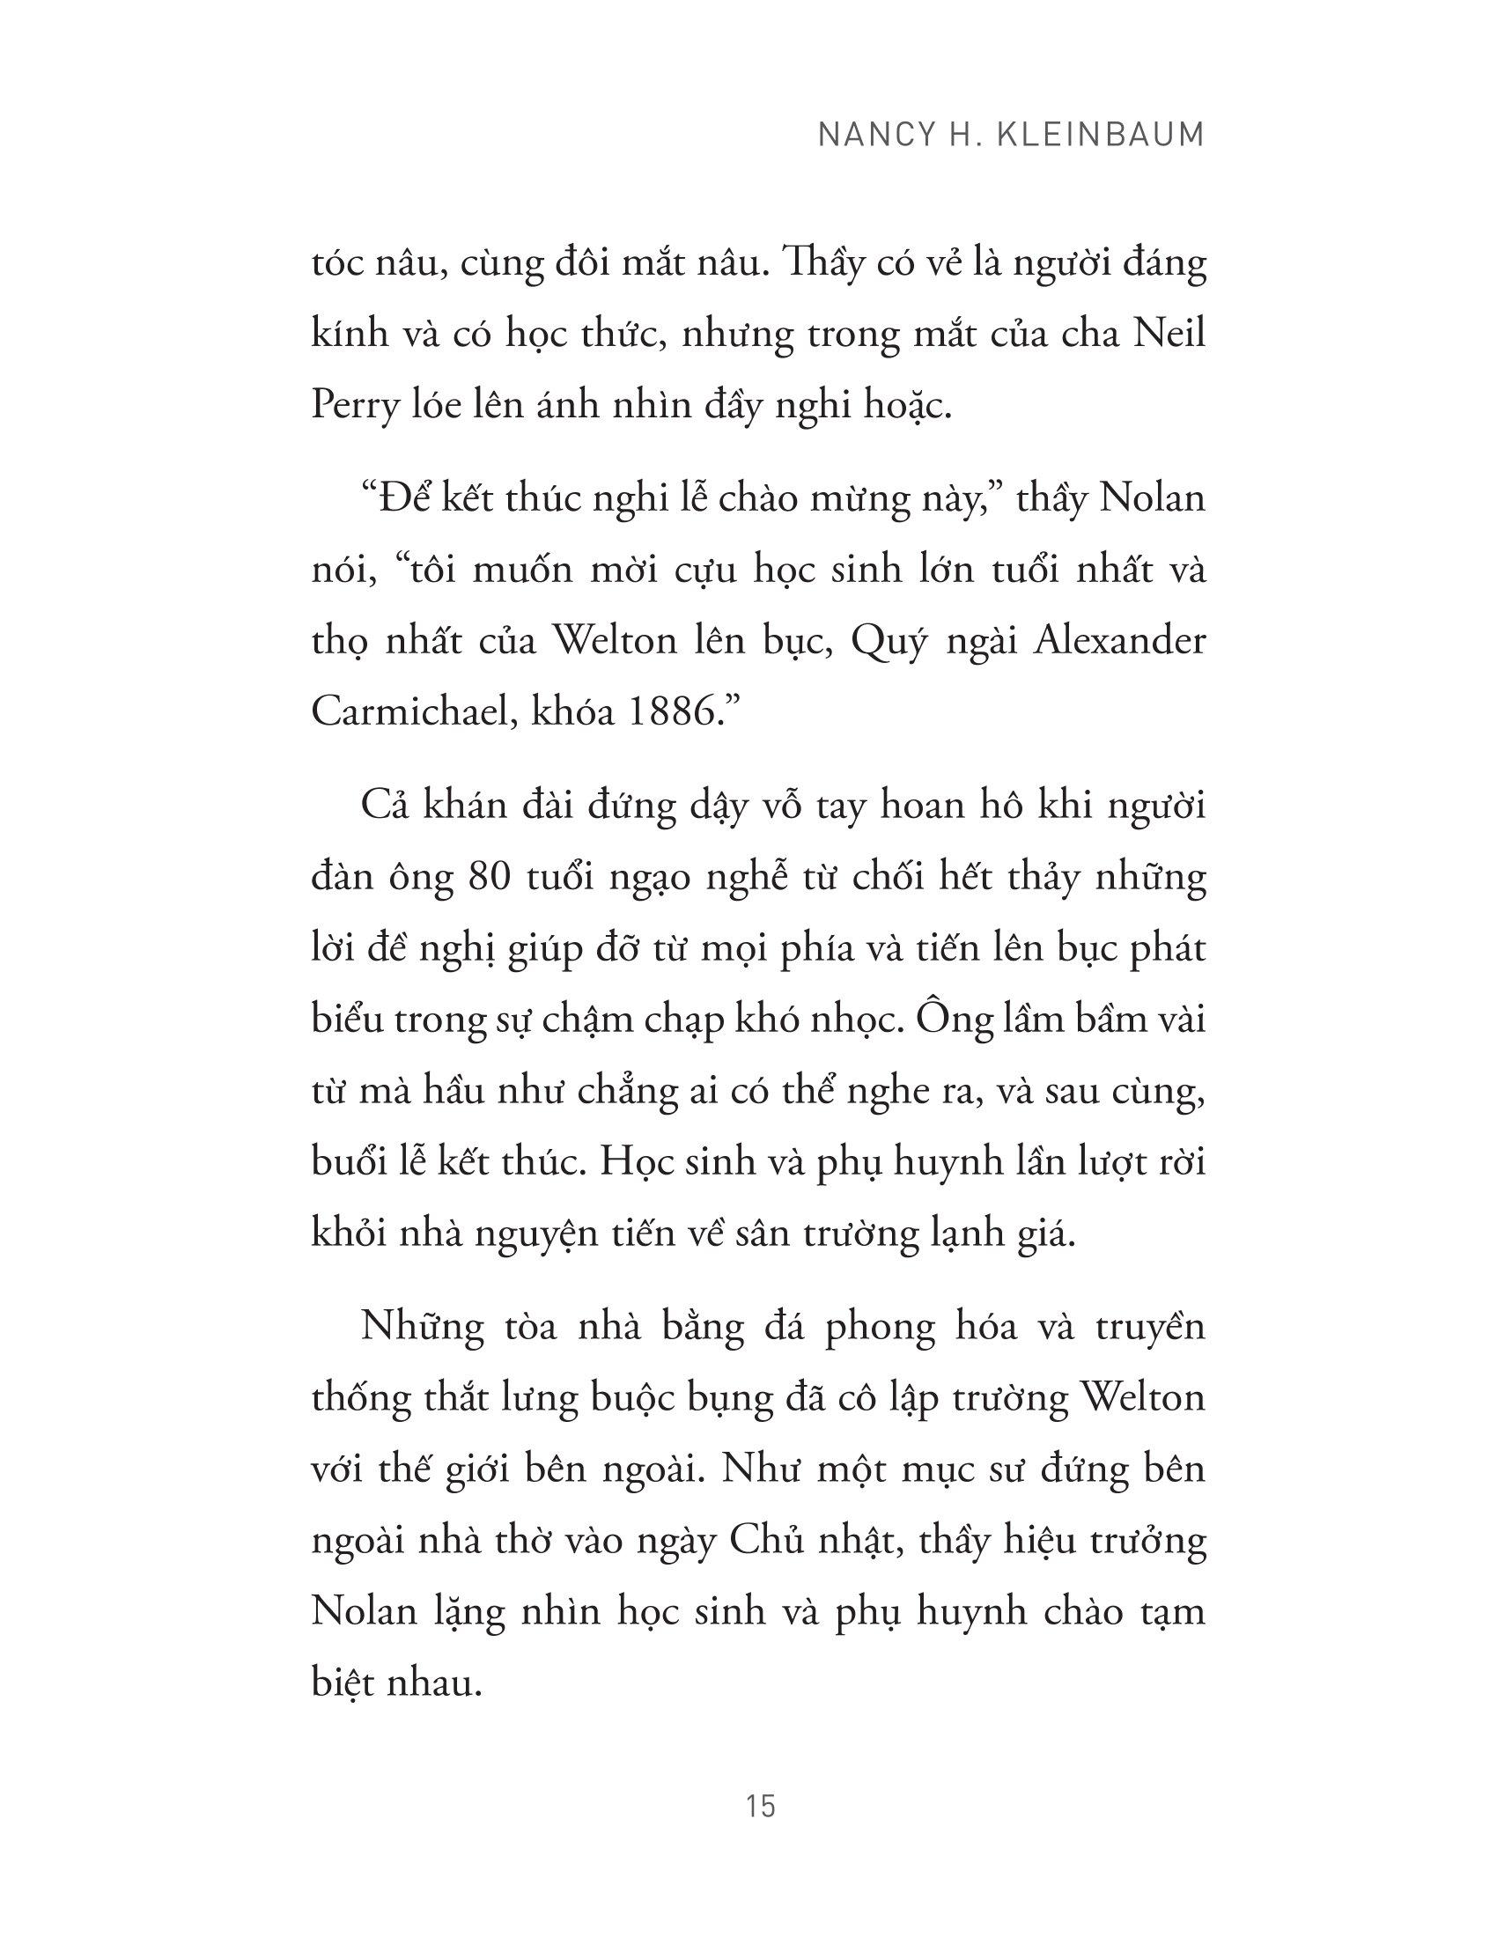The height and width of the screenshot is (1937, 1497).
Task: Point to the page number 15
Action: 762,1807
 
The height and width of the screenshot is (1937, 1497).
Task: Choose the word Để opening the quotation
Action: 394,498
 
